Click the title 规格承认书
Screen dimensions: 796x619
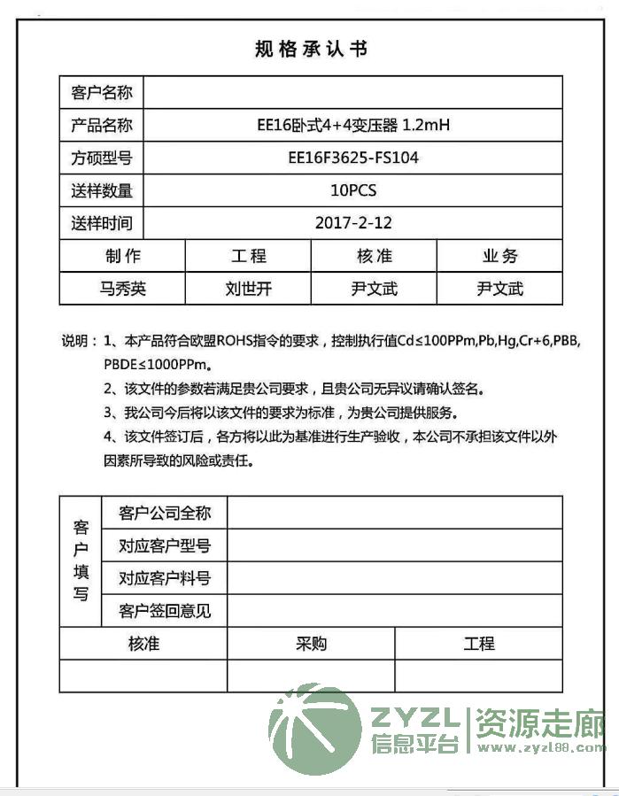[310, 50]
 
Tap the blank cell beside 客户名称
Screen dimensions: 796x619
[352, 93]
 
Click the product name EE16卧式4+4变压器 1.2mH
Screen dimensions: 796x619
[353, 126]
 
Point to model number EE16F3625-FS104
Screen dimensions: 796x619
[353, 158]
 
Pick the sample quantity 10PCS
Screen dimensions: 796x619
[353, 190]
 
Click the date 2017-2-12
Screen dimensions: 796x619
[353, 223]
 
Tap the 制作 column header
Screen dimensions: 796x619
[123, 257]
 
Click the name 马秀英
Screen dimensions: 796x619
[123, 289]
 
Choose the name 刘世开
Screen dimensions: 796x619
[249, 289]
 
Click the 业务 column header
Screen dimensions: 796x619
[499, 257]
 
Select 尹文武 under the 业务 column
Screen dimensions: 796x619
[499, 289]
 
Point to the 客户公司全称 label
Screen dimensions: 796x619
[165, 514]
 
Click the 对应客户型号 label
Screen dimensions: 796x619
[165, 546]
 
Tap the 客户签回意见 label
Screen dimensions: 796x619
[165, 611]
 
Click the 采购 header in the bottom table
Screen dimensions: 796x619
[311, 644]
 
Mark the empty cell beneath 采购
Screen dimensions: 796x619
[311, 676]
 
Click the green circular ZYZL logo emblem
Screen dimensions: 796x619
[315, 729]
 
